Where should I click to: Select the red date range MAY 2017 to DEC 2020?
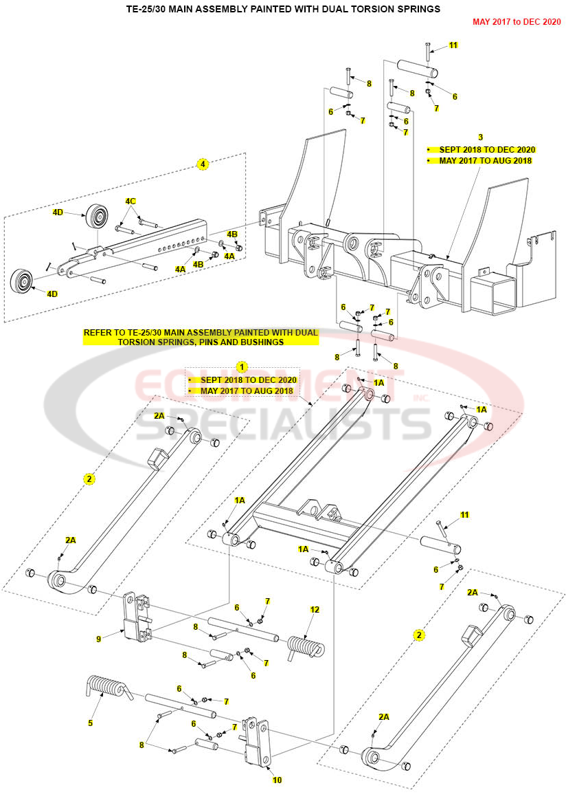(x=517, y=22)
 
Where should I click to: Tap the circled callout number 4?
(x=203, y=164)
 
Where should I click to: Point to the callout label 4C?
(x=131, y=201)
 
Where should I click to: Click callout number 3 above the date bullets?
(x=480, y=138)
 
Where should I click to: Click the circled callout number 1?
(x=241, y=367)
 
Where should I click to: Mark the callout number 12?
(x=315, y=610)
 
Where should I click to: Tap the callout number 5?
(x=90, y=723)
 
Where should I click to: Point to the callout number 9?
(x=99, y=639)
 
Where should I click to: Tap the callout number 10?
(x=277, y=780)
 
